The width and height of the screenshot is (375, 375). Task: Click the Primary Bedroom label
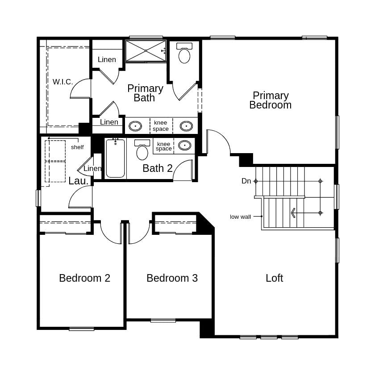[270, 100]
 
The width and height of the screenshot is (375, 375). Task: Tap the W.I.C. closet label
[62, 82]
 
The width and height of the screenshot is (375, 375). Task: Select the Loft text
[274, 278]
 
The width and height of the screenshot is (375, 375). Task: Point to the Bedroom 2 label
[84, 278]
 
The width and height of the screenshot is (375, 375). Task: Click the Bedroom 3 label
[172, 278]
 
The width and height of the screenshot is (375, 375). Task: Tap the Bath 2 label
[157, 168]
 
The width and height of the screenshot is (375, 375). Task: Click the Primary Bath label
[145, 93]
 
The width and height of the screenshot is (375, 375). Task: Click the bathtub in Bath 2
[115, 158]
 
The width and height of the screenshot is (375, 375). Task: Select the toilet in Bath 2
[142, 150]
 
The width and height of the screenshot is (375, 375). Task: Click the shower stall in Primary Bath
[146, 51]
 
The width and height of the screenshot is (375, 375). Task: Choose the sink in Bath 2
[184, 145]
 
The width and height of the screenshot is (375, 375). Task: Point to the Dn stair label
[246, 181]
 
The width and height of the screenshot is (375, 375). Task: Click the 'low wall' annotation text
[241, 217]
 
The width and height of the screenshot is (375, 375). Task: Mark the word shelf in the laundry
[77, 147]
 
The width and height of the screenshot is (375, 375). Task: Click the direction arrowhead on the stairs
[293, 213]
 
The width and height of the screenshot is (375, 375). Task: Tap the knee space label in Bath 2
[164, 146]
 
